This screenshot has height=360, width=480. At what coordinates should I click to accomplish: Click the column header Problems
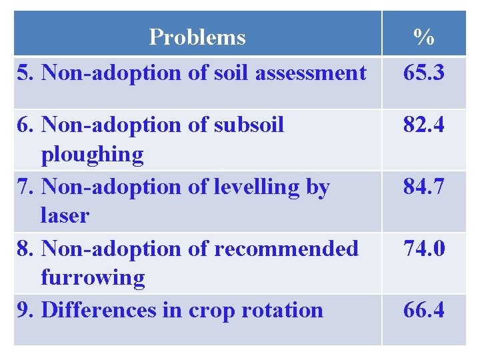[x=197, y=37]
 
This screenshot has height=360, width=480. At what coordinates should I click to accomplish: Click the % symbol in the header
[x=424, y=37]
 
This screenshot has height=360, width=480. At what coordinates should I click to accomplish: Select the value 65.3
[x=424, y=73]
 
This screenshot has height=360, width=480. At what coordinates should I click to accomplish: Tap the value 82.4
[x=424, y=125]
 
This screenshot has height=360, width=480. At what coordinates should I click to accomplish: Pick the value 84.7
[x=424, y=187]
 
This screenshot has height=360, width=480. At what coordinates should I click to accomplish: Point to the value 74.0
[x=424, y=249]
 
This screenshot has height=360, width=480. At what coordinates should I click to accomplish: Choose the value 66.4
[x=424, y=310]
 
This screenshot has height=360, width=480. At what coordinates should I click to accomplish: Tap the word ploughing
[x=92, y=155]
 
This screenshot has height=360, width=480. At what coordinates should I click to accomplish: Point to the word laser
[x=65, y=216]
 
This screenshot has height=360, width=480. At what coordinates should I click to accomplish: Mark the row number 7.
[x=24, y=187]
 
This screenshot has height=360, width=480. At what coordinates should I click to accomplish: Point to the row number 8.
[x=24, y=249]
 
